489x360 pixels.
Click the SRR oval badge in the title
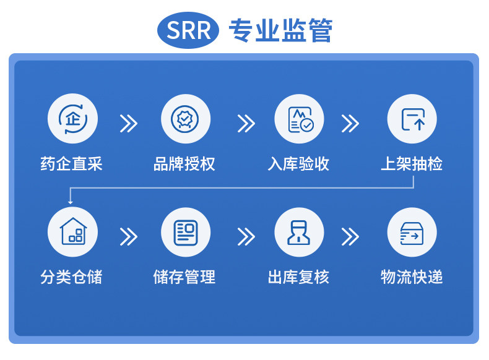point(189,30)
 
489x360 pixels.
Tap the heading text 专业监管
point(280,30)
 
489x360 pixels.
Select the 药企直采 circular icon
point(72,119)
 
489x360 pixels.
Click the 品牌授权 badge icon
point(185,119)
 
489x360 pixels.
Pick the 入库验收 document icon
point(299,119)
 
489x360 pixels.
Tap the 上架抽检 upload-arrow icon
point(412,119)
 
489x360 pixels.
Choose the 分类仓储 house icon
point(72,232)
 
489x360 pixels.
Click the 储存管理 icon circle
point(185,232)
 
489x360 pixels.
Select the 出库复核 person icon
point(299,232)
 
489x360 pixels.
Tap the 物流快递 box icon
point(412,232)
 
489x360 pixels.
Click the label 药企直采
point(72,164)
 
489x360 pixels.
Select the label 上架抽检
point(412,164)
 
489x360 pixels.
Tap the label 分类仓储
point(72,276)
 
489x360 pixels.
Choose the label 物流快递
point(412,276)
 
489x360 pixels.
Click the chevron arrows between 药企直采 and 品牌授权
point(129,123)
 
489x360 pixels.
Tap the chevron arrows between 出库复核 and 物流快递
point(350,236)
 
